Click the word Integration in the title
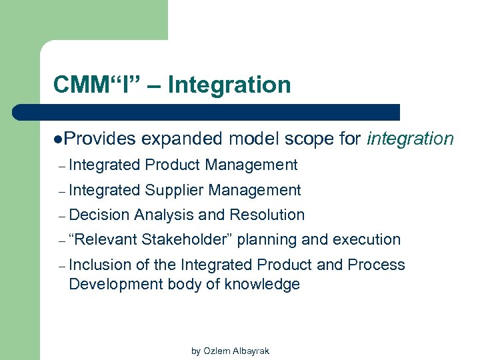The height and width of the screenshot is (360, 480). (229, 85)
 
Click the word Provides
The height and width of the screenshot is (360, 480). (101, 139)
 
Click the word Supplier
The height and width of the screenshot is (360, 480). (174, 190)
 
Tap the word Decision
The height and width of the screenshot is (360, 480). (99, 215)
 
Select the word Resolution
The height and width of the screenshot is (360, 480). (267, 215)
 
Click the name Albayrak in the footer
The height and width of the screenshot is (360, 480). (251, 351)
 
